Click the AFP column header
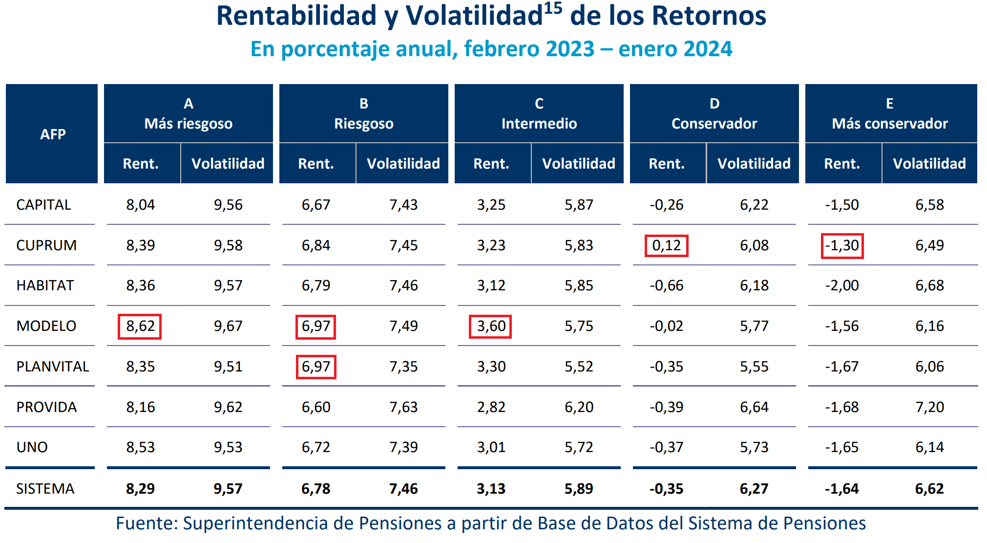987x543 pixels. click(53, 134)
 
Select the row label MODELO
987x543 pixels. click(46, 326)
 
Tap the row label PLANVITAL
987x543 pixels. click(53, 367)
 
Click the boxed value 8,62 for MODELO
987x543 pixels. click(140, 326)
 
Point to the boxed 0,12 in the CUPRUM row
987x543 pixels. click(666, 245)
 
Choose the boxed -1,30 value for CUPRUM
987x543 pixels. click(842, 245)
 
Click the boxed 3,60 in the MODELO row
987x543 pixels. click(491, 326)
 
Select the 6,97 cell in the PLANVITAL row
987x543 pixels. click(316, 367)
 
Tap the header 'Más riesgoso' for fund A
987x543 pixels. click(189, 124)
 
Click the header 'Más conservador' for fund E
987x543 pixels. click(890, 124)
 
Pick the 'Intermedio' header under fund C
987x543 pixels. click(539, 124)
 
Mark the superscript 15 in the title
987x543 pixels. click(553, 8)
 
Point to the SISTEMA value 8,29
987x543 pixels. click(140, 489)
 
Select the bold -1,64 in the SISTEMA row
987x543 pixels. click(842, 489)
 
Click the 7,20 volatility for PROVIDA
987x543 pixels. click(929, 407)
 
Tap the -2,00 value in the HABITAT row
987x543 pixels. click(842, 285)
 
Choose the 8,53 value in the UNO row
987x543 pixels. click(140, 447)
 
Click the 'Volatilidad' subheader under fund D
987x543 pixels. click(754, 164)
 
